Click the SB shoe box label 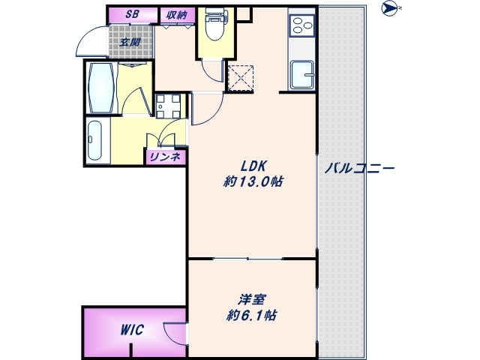pos(132,13)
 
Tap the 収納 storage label pos(177,13)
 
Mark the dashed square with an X pos(241,76)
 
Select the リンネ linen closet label pos(164,156)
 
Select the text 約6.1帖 pos(251,315)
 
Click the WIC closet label pos(131,330)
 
